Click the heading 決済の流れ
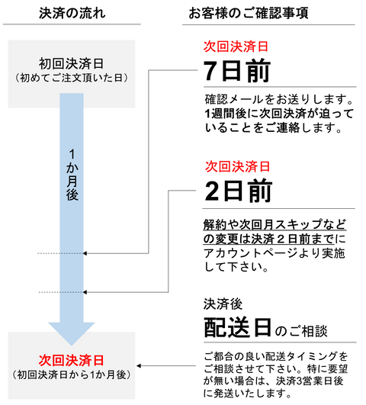(x=72, y=13)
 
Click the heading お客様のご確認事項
(x=249, y=13)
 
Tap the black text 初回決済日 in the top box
(x=71, y=63)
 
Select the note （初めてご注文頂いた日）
(x=71, y=78)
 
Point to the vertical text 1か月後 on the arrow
(x=72, y=175)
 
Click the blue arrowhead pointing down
(x=72, y=333)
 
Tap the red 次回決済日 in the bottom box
(x=71, y=360)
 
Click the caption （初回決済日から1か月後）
(x=71, y=374)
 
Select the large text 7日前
(x=237, y=70)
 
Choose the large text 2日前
(x=239, y=191)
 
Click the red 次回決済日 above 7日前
(x=236, y=47)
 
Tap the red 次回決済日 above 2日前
(x=238, y=166)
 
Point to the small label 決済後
(x=223, y=304)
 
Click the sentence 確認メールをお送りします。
(x=279, y=99)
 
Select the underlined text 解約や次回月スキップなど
(x=274, y=224)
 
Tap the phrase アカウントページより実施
(x=274, y=253)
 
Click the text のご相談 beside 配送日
(x=301, y=331)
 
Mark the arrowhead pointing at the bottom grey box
(x=139, y=366)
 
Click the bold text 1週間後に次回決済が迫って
(x=279, y=114)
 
